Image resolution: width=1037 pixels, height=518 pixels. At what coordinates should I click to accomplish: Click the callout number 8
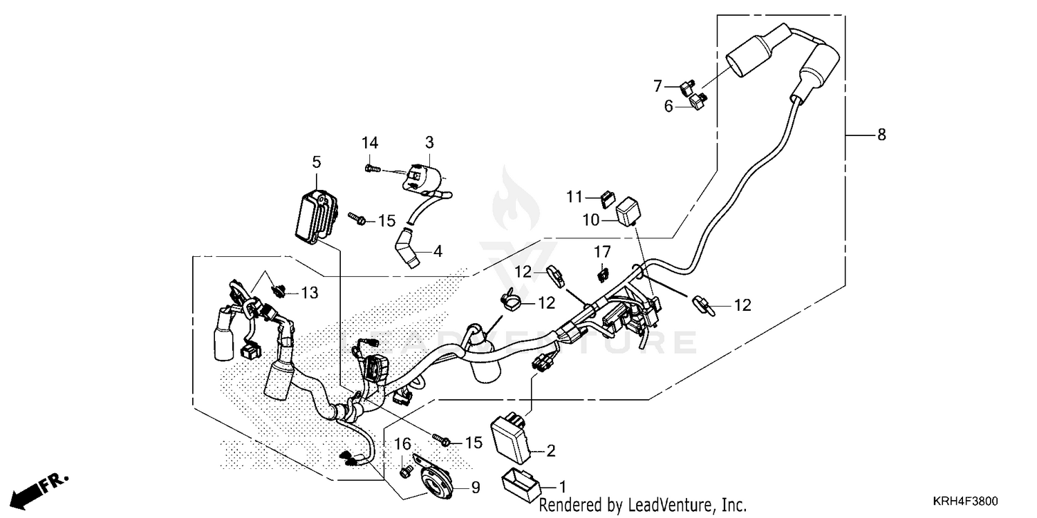(881, 135)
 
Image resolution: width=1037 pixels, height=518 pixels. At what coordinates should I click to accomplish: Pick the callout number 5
(317, 162)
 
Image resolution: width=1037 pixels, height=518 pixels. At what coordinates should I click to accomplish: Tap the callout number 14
(370, 143)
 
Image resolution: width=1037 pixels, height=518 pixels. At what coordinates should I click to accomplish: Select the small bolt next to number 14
(371, 167)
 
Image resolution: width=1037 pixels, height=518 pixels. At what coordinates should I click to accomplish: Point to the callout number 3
(429, 143)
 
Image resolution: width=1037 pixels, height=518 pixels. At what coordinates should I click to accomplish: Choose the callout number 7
(658, 86)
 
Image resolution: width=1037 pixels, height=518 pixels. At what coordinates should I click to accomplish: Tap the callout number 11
(576, 197)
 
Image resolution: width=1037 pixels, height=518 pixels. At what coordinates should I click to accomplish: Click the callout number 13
(309, 294)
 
